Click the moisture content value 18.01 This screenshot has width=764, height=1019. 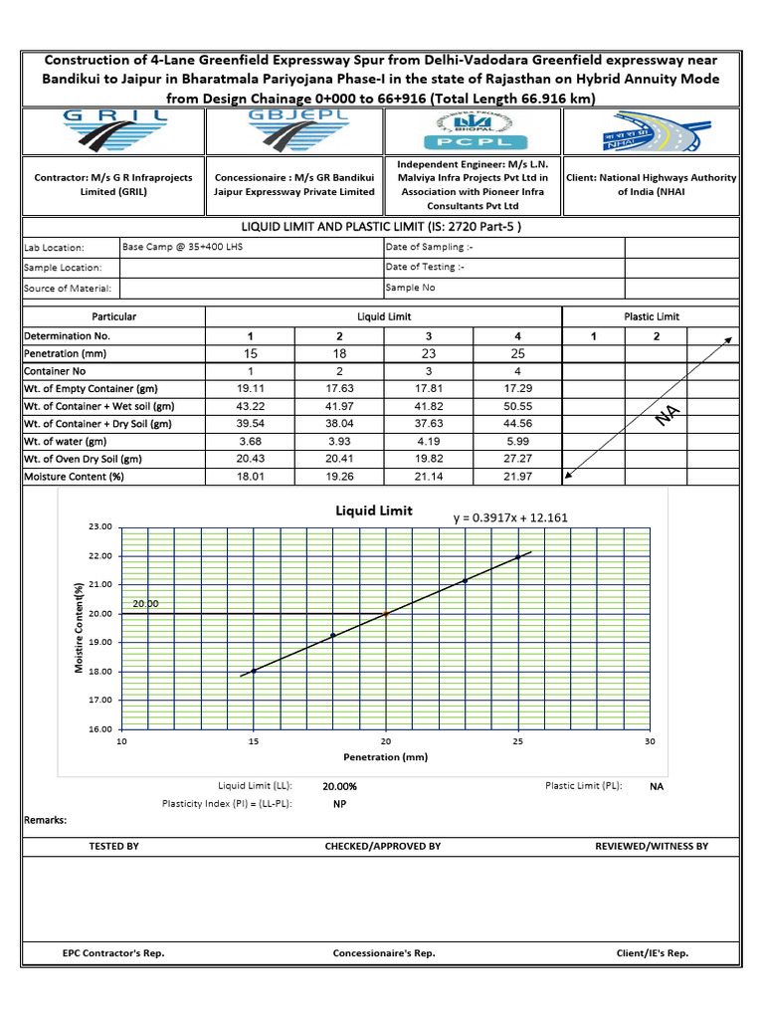(251, 477)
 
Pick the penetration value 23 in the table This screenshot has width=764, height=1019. (429, 353)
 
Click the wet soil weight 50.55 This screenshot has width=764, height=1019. (518, 406)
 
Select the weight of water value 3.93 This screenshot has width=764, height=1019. (340, 442)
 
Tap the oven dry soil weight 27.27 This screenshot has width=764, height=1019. (518, 460)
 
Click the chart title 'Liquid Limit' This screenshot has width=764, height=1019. (373, 510)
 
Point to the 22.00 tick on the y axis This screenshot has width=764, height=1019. (100, 555)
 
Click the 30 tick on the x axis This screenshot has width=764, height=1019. (650, 741)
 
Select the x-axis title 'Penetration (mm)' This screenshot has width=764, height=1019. (385, 757)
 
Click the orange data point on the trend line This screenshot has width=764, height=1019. (386, 614)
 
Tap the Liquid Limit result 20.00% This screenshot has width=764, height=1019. (340, 786)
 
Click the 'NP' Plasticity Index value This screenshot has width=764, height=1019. (340, 804)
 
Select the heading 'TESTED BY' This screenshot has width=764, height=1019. (114, 846)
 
